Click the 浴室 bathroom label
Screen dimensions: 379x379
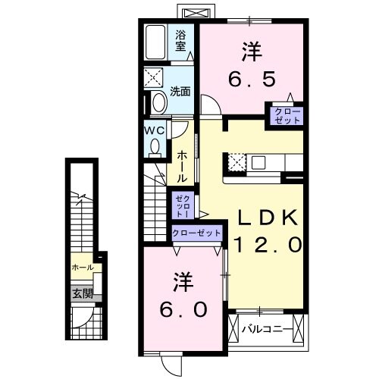click(181, 40)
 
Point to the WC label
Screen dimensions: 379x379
click(155, 130)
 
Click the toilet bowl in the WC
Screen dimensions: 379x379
click(155, 149)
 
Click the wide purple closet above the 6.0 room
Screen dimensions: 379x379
click(197, 233)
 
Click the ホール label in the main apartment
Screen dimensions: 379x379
click(183, 165)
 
